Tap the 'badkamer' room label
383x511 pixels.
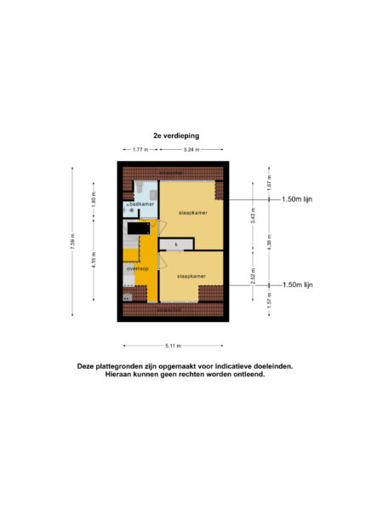tap(141, 204)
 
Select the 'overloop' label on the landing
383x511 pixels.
tap(137, 268)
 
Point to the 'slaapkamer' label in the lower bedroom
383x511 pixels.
tap(191, 277)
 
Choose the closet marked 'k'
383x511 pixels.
tap(176, 244)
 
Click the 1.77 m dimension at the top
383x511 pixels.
tap(140, 150)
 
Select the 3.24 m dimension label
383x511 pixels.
tap(191, 150)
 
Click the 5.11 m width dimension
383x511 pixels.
tap(174, 345)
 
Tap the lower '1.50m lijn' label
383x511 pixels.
tap(298, 284)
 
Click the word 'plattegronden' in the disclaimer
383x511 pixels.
tap(136, 366)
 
